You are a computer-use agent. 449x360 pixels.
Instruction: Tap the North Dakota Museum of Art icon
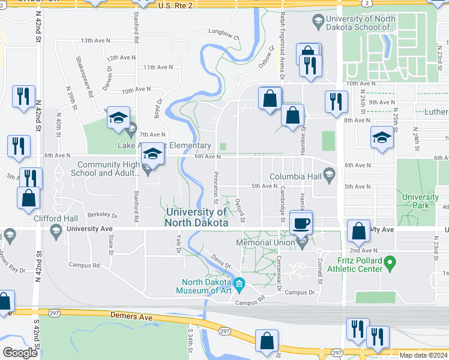[239, 283]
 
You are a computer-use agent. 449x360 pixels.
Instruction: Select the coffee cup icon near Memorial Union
[301, 223]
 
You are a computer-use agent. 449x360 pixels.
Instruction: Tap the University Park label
[420, 201]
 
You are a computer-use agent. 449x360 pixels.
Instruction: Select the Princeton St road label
[215, 191]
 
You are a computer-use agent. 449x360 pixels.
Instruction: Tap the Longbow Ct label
[223, 34]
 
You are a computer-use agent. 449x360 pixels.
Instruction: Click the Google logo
[20, 353]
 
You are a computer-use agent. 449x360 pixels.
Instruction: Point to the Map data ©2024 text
[423, 355]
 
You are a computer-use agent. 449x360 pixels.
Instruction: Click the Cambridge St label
[282, 203]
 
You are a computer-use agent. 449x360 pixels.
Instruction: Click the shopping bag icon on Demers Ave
[266, 341]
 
